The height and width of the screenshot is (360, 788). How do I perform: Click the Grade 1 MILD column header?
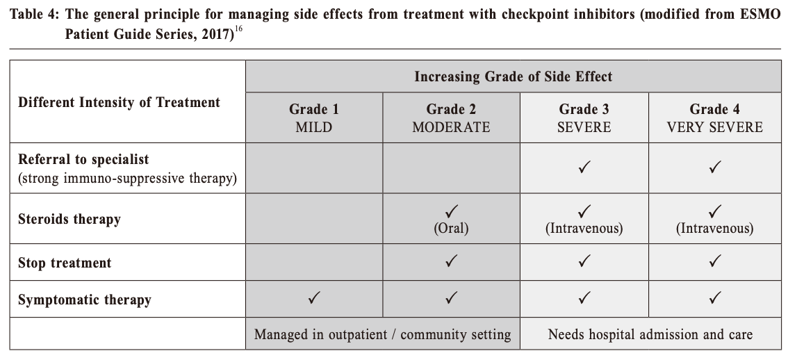tap(314, 117)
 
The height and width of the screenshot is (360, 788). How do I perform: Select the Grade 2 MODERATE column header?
tap(451, 117)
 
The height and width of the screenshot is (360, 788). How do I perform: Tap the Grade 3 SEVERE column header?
tap(584, 117)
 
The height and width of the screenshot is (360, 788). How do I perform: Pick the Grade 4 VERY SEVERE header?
tap(714, 117)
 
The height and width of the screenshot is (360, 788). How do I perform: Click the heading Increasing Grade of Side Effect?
tap(513, 76)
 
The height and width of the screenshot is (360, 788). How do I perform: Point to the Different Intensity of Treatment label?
tap(119, 102)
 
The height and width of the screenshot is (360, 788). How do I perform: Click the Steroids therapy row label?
tap(69, 219)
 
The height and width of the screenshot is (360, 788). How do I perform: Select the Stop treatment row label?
tap(65, 263)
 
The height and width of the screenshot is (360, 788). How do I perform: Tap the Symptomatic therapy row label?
tap(85, 300)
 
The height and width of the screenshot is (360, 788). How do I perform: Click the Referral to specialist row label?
tap(83, 159)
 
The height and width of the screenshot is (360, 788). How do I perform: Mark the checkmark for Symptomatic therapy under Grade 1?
tap(314, 298)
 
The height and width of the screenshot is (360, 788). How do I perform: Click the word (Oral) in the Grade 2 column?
tap(451, 228)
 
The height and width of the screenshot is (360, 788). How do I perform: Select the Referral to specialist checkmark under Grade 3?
tap(584, 167)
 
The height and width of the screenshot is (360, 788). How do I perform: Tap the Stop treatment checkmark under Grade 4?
tap(714, 261)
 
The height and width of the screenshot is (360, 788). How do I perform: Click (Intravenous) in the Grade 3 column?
tap(584, 228)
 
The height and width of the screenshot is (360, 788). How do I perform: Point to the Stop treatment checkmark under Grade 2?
tap(451, 261)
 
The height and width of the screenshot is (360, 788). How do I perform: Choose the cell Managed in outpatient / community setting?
tap(382, 334)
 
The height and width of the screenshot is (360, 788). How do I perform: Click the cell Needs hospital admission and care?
tap(650, 334)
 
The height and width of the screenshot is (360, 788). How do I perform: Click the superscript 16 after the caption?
tap(238, 29)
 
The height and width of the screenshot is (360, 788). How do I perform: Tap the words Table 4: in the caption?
tap(35, 14)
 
